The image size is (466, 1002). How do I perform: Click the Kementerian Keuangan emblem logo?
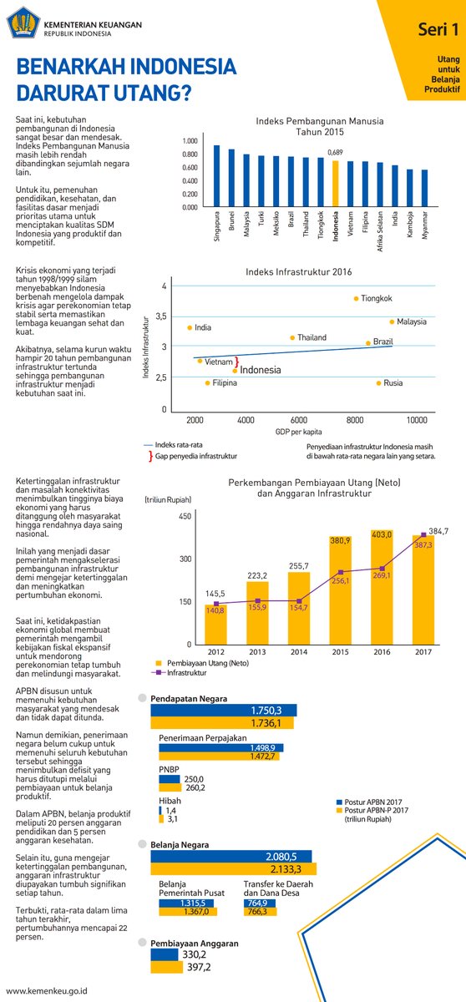[x=23, y=23]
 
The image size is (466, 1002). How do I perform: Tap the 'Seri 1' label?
[x=438, y=29]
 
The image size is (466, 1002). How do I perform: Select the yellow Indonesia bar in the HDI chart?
[x=336, y=184]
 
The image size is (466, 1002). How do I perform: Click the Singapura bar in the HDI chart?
[x=217, y=176]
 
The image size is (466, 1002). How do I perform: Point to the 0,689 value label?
[x=335, y=153]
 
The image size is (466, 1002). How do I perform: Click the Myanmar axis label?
[x=425, y=225]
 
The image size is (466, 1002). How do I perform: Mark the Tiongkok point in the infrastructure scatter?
[x=356, y=298]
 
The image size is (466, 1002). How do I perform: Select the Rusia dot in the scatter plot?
[x=379, y=383]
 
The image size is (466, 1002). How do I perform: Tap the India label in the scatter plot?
[x=203, y=327]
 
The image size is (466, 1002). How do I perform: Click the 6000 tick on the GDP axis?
[x=299, y=420]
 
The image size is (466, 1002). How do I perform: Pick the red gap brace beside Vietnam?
[x=236, y=362]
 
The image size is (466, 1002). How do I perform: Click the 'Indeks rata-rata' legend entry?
[x=173, y=445]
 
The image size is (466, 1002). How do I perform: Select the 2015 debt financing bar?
[x=341, y=590]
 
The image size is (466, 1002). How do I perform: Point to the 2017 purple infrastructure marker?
[x=423, y=535]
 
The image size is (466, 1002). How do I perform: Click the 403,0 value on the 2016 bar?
[x=382, y=534]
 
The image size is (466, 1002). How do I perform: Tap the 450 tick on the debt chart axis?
[x=185, y=516]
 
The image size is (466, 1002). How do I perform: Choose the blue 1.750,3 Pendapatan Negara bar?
[x=224, y=711]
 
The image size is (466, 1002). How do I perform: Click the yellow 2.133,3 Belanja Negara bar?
[x=234, y=869]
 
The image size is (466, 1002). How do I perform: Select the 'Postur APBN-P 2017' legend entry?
[x=372, y=810]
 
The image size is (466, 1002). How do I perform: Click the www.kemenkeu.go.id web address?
[x=47, y=991]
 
